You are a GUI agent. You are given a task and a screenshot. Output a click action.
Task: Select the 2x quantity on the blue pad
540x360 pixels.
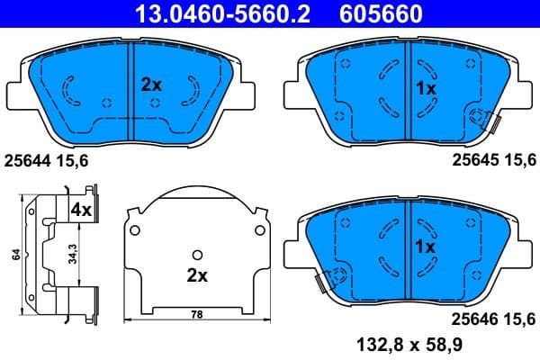[151, 85]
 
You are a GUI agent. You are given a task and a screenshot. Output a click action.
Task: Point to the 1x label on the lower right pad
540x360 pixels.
[426, 246]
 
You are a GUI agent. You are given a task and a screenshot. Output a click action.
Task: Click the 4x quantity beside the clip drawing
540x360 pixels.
[82, 210]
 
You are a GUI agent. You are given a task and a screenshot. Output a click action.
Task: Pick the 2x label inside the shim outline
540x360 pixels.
[197, 274]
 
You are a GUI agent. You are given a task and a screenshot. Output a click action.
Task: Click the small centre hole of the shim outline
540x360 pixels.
[197, 253]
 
